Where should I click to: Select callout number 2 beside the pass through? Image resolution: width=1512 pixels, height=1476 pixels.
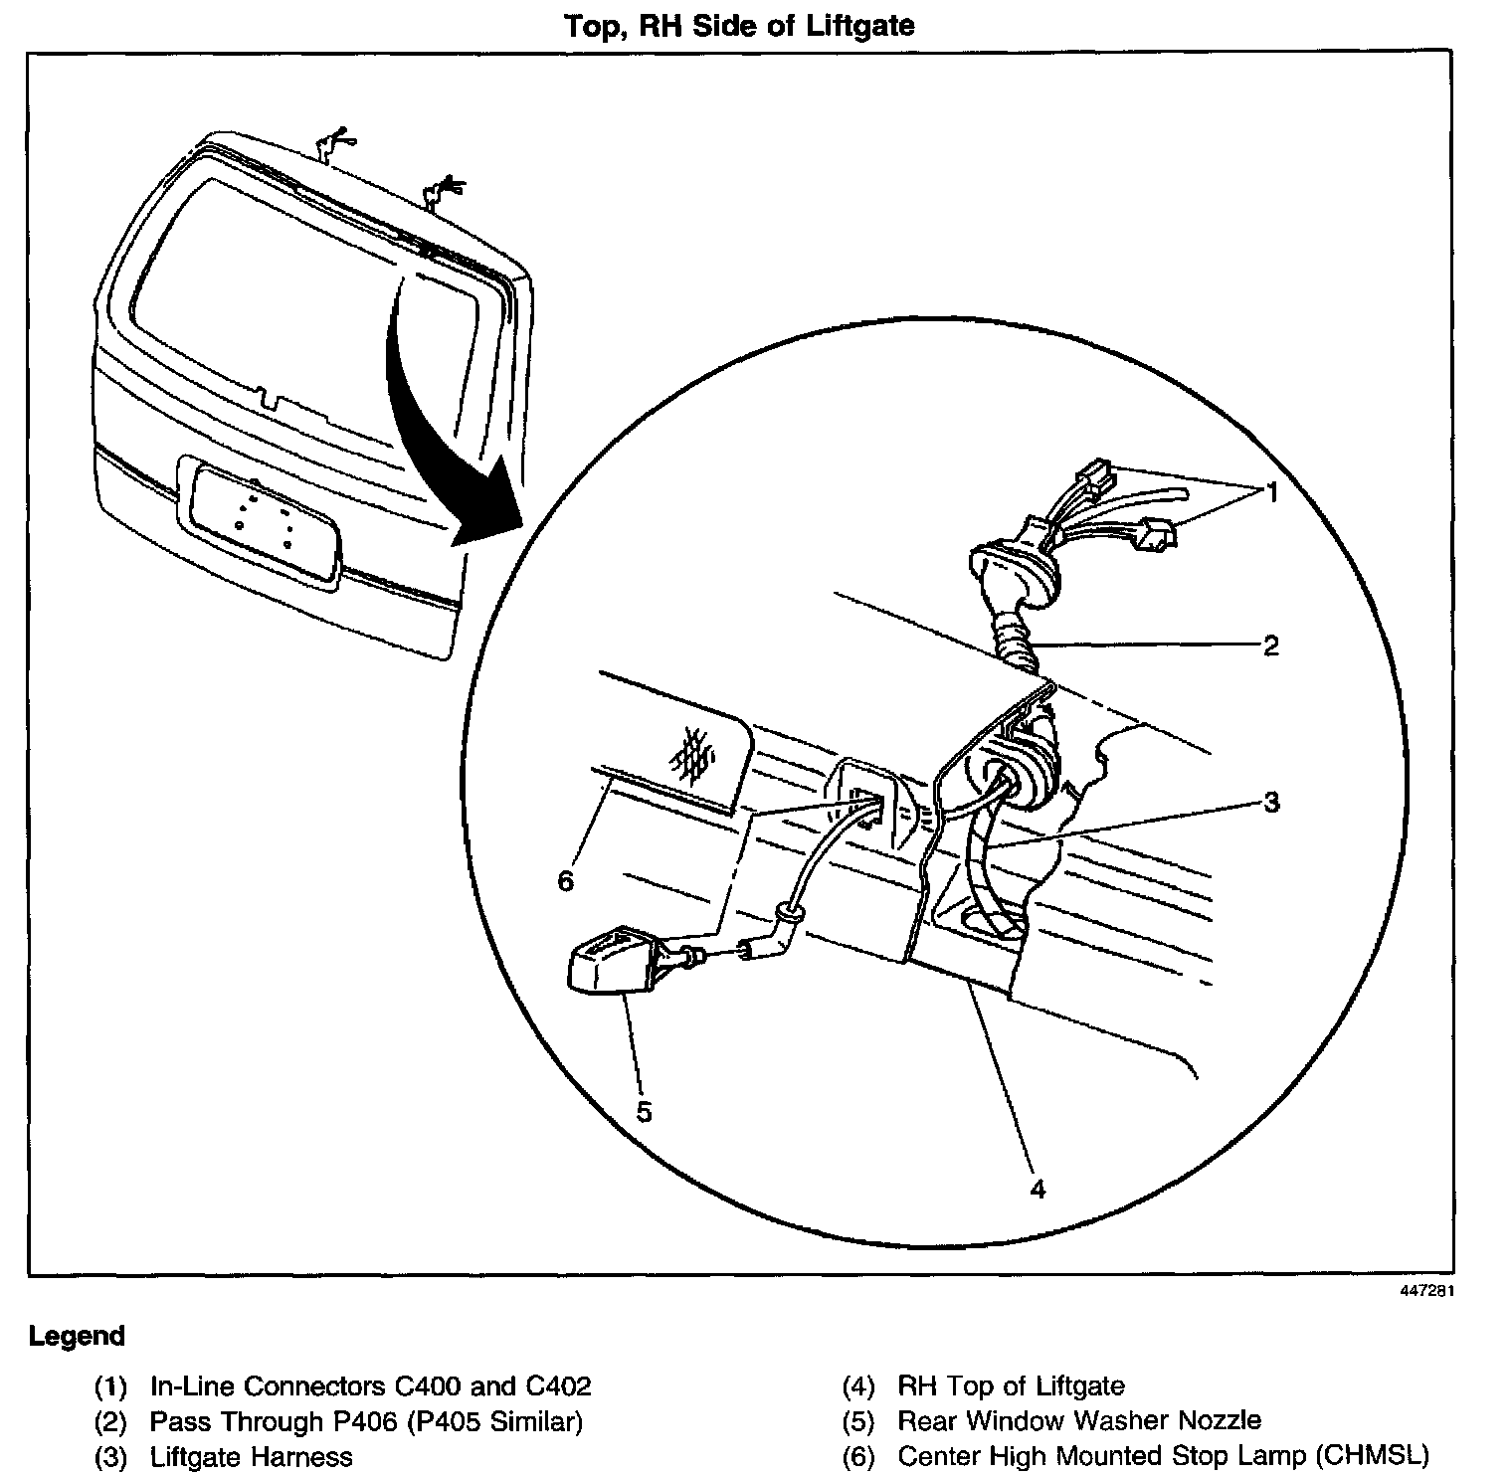pos(1270,646)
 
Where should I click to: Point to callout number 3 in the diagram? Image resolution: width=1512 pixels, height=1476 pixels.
pos(1271,802)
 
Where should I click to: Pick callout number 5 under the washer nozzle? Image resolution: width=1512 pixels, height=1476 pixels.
pos(644,1111)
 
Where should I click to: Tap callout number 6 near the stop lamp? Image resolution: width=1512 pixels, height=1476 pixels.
pos(566,880)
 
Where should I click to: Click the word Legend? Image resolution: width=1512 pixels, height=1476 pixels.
pos(78,1336)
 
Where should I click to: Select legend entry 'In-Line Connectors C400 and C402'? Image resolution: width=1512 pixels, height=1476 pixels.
pos(370,1385)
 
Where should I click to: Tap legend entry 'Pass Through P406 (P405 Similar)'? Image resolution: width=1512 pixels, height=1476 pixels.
pos(366,1421)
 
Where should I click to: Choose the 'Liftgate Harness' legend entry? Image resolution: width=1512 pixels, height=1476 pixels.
pos(251,1457)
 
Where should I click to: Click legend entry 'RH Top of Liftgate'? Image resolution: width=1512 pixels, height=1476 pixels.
pos(1011,1385)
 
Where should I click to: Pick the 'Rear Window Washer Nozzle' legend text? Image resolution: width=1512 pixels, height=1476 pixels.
pos(1079,1421)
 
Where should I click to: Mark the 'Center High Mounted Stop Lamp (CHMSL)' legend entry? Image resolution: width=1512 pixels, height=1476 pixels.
pos(1164,1456)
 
